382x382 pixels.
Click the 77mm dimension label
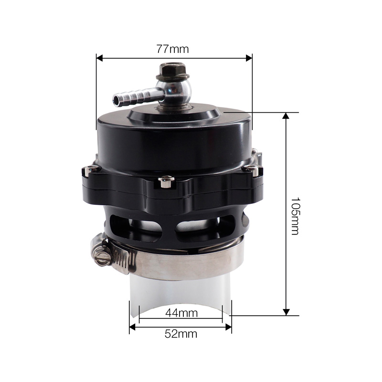tap(172, 49)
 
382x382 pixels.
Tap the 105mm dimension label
tap(295, 216)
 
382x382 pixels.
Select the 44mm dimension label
tap(181, 313)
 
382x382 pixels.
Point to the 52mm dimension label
tap(181, 334)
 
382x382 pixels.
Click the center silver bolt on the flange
tap(166, 182)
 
